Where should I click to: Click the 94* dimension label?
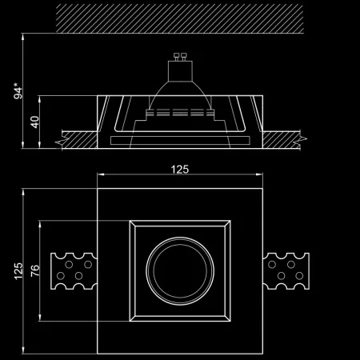tap(18, 91)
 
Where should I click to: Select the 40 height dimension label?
tap(34, 122)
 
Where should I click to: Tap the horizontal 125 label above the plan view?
tap(180, 170)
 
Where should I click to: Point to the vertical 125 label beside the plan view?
tap(18, 271)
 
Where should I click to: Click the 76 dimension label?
tap(35, 270)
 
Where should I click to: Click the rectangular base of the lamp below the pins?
tap(180, 70)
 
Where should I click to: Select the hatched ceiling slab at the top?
tap(180, 18)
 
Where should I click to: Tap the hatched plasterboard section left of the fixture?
tap(78, 139)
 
